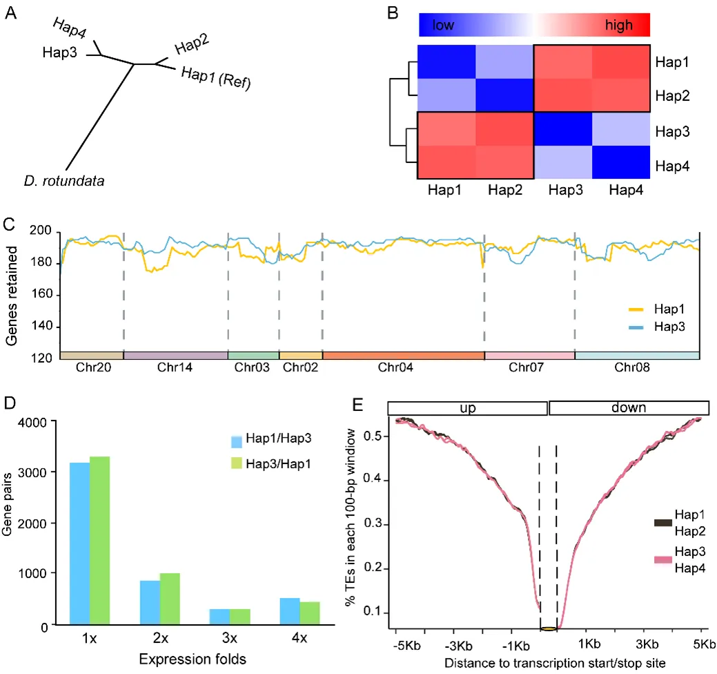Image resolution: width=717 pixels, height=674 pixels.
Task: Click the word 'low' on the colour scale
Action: (444, 26)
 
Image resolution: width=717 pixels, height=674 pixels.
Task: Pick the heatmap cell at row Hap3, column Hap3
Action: (562, 128)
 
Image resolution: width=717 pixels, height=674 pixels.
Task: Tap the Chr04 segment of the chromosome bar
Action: (404, 355)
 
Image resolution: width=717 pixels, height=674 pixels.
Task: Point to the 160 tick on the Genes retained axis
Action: (45, 296)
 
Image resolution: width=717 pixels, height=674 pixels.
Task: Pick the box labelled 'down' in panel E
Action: (629, 407)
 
